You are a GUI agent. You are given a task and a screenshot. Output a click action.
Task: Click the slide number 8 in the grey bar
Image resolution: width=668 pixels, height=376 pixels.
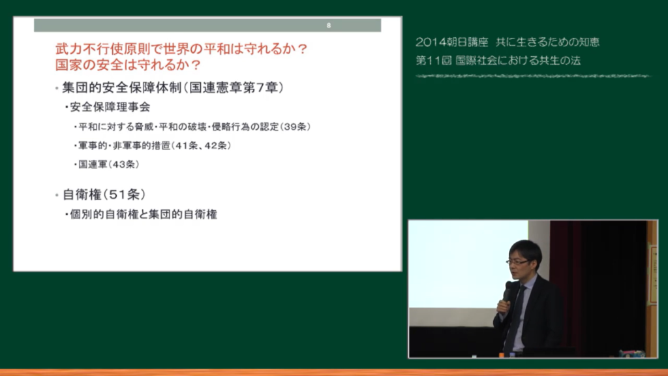point(329,25)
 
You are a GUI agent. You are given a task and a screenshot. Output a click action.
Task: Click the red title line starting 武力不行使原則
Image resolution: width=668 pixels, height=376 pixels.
point(181,48)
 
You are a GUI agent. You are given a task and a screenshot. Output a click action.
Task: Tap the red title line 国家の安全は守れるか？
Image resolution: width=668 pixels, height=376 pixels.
point(129,65)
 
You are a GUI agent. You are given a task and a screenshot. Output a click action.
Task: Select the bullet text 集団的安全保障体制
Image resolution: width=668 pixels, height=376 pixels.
point(122,87)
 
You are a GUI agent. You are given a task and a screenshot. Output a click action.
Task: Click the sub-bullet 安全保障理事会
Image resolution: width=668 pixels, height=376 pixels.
point(110,107)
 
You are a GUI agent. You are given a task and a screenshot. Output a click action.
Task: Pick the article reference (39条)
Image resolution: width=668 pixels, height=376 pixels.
point(296,127)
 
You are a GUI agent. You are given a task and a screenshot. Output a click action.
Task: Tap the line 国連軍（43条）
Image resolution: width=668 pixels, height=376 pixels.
point(109,164)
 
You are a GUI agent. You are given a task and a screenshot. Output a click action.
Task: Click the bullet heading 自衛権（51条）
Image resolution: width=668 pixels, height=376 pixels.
point(104,195)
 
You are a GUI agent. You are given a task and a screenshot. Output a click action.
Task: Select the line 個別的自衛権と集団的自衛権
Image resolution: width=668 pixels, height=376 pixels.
point(144,214)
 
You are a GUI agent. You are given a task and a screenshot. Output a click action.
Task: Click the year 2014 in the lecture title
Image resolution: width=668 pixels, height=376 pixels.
point(431,42)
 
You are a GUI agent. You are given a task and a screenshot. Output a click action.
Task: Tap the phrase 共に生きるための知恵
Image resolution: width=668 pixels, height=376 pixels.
point(547,42)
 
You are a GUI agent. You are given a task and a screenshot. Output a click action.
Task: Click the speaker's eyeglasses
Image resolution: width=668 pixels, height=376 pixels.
point(517,262)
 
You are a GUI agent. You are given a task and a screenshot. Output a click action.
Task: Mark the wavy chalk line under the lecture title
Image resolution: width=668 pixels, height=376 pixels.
point(533,76)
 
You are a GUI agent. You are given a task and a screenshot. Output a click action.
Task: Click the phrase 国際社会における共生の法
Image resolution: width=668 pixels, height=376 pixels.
point(518,61)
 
